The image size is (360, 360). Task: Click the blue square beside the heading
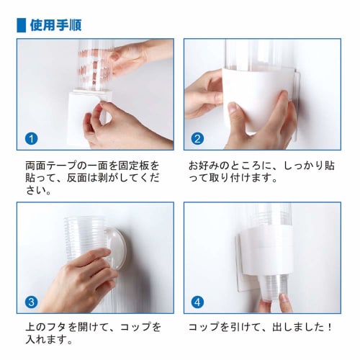21,24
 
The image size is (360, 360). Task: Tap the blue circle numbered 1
31,138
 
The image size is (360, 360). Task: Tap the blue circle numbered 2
198,138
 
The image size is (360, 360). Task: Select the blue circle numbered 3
31,301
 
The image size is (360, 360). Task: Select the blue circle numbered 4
198,301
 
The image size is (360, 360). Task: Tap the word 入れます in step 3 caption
45,340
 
